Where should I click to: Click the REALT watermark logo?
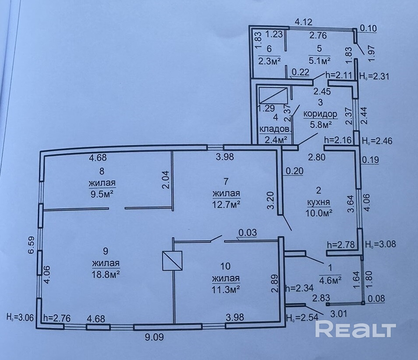(x=355, y=330)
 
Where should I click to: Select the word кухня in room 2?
(x=319, y=203)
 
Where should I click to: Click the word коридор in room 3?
(x=320, y=114)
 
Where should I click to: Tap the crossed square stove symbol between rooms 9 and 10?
(x=172, y=261)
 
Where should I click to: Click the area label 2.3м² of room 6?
(x=269, y=60)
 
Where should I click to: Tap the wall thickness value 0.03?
(x=248, y=233)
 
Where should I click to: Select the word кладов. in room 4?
(x=275, y=129)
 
